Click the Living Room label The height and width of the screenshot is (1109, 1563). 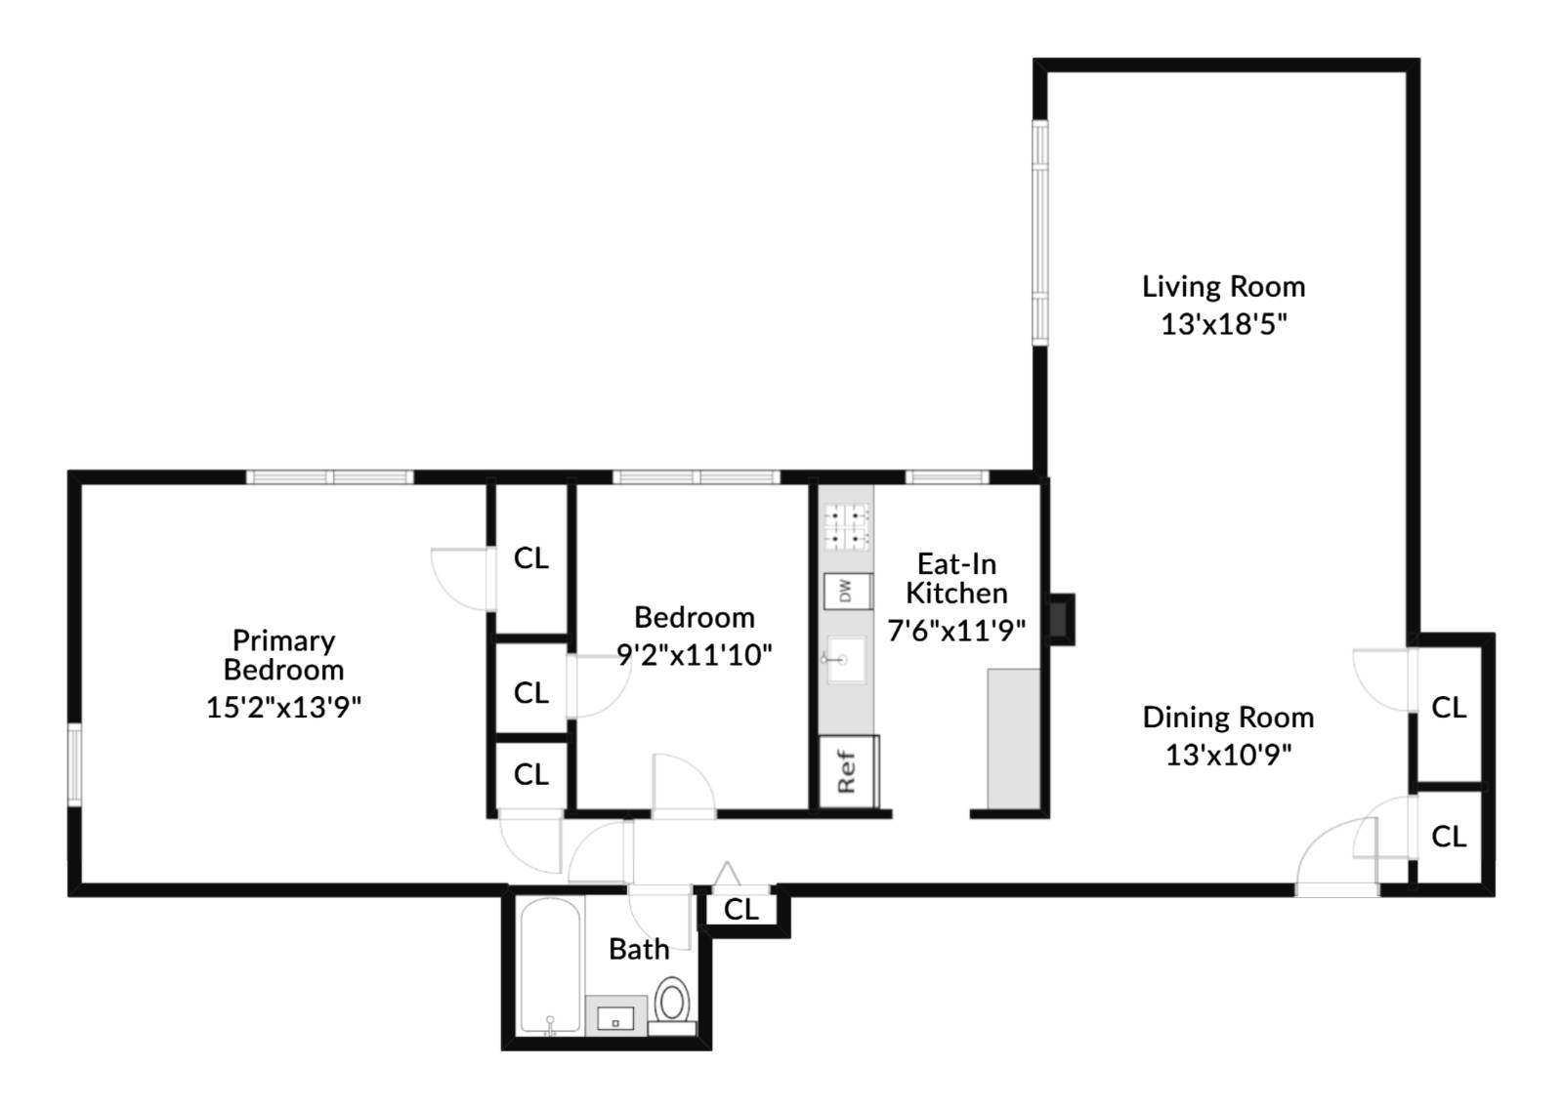1223,286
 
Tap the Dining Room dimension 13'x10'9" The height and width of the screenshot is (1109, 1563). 1228,755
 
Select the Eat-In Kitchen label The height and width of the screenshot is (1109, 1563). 955,578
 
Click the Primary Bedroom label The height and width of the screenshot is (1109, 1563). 283,655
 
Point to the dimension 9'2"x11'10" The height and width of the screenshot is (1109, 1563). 694,654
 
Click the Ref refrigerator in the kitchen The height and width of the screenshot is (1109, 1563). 847,772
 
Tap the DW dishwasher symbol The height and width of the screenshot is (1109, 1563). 846,591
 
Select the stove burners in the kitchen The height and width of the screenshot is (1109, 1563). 846,526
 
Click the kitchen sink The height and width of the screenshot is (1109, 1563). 845,661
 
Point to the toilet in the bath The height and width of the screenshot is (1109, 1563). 672,1004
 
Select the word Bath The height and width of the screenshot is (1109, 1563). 639,949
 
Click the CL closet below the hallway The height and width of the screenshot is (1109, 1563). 741,910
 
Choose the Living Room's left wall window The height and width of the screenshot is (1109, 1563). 1040,232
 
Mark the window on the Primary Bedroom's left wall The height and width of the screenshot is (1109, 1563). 74,763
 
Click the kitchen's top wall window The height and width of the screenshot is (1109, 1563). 947,477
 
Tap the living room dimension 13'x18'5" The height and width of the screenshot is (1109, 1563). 1223,324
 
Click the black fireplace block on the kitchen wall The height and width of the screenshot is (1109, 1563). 1061,619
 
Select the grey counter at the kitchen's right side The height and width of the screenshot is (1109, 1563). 1013,738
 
